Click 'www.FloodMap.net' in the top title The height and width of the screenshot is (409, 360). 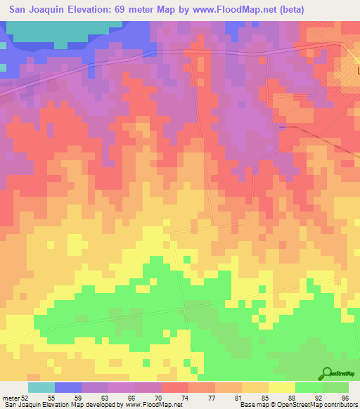click(239, 9)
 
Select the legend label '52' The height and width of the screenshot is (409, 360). click(25, 398)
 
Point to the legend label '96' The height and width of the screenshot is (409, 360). click(345, 398)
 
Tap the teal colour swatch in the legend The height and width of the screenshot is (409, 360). click(41, 387)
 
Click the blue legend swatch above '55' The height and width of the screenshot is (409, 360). click(67, 387)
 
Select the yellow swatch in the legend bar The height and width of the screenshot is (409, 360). click(281, 387)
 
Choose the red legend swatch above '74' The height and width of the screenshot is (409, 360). click(174, 387)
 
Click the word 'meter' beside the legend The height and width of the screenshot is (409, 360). click(10, 398)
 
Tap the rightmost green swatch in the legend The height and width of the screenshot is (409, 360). click(335, 387)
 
